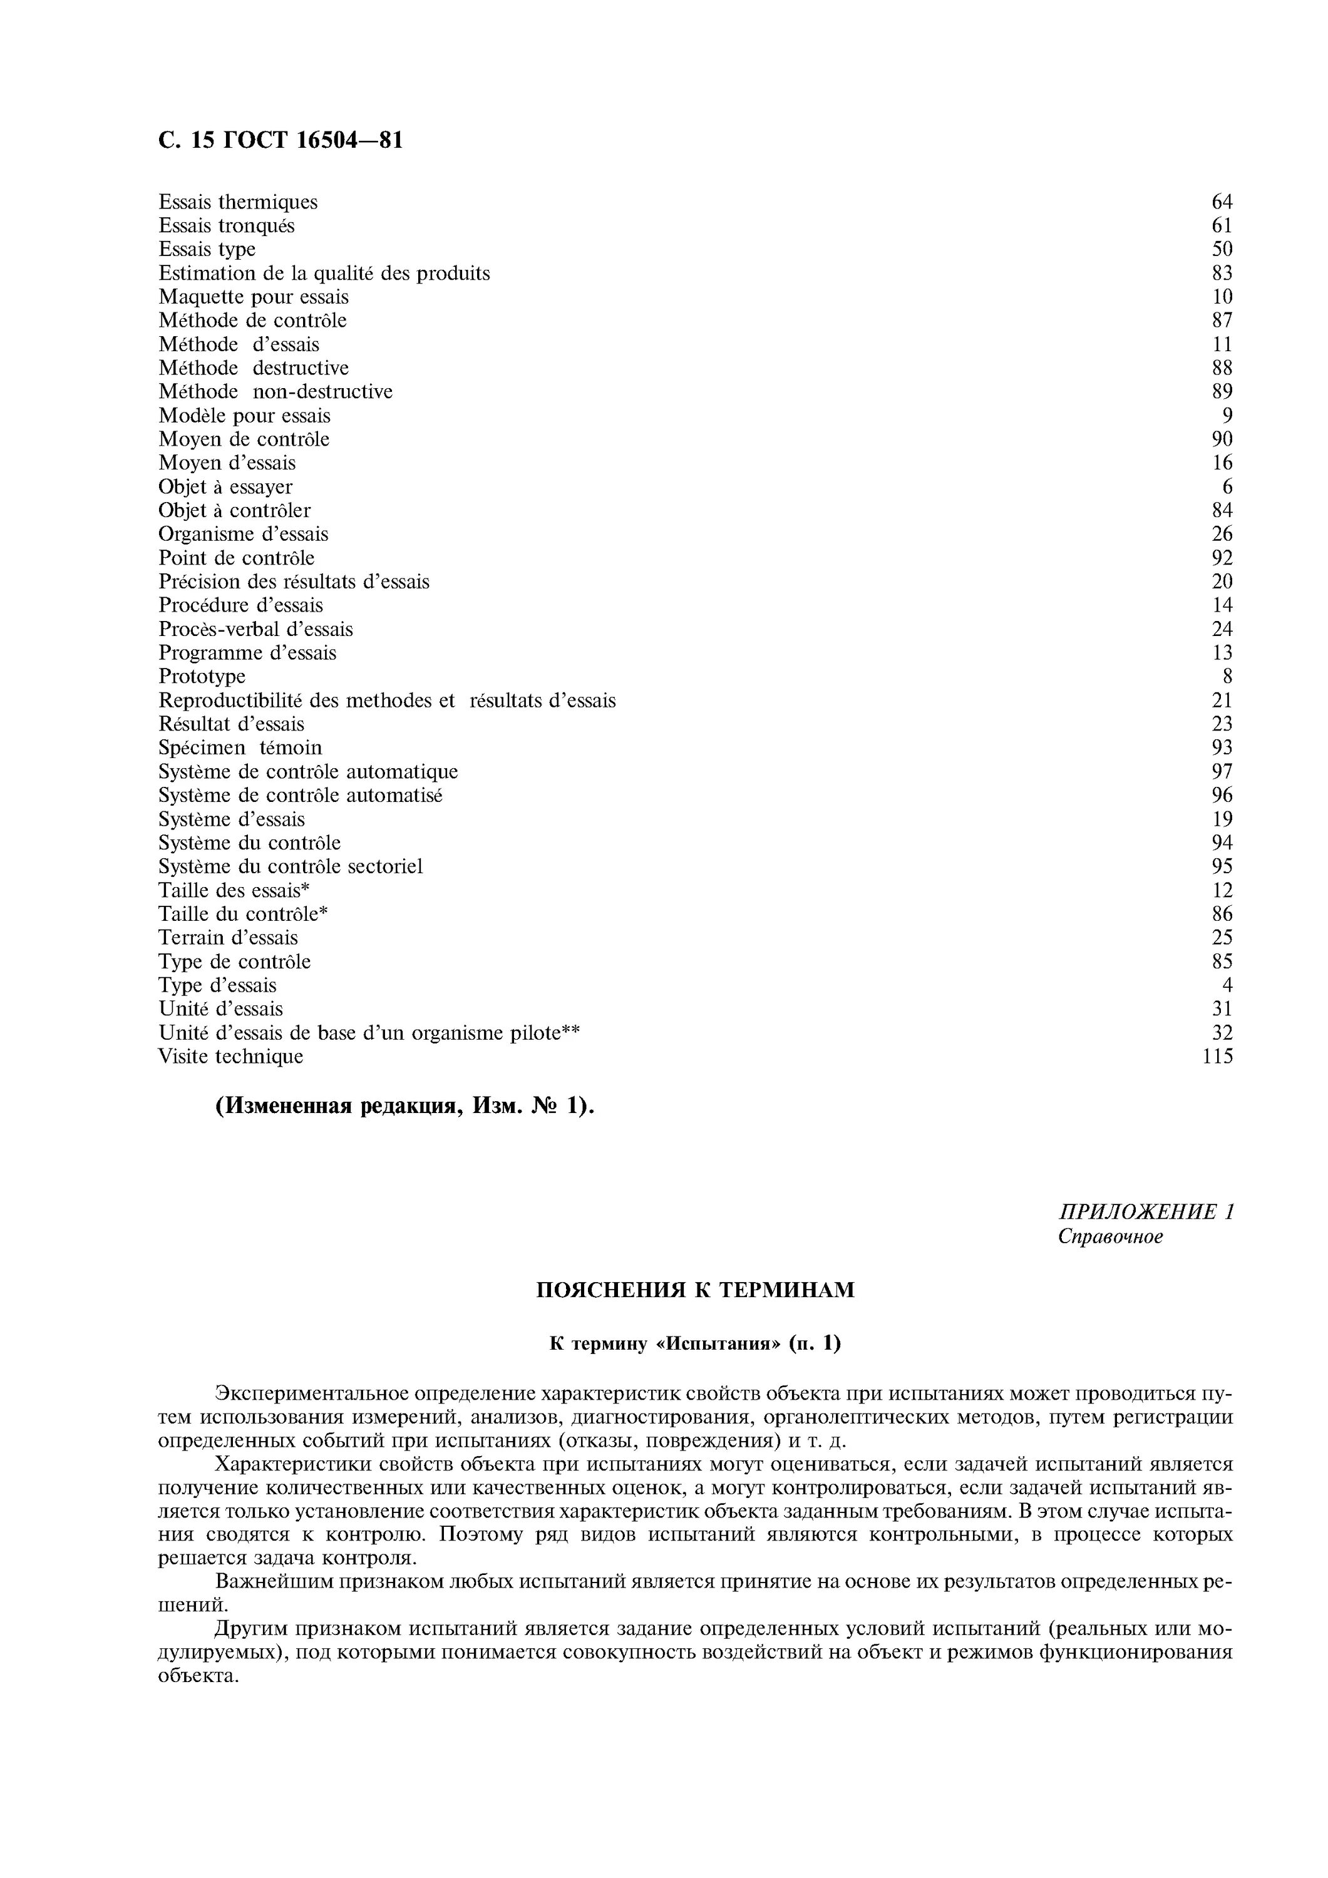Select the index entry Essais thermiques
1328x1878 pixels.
pos(238,202)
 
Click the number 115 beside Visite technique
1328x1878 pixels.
pos(1218,1057)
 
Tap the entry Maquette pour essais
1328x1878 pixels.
pos(254,297)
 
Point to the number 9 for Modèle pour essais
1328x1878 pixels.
pos(1227,416)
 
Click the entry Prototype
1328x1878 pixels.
pos(202,677)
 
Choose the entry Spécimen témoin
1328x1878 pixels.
pos(240,747)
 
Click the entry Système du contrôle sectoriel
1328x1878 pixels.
pos(291,866)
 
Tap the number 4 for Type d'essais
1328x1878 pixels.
pos(1227,985)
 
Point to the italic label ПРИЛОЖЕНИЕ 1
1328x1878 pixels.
pos(1146,1211)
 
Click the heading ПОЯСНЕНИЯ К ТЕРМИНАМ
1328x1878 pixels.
pos(695,1291)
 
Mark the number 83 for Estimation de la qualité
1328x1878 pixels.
pos(1222,273)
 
